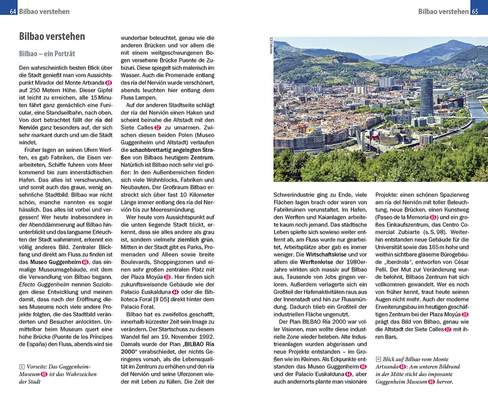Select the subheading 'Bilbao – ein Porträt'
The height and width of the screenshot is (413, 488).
point(47,54)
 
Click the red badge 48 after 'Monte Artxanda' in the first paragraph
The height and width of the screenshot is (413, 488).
point(108,83)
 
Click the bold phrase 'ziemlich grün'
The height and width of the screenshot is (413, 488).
point(196,239)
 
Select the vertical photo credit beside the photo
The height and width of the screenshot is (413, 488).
point(270,46)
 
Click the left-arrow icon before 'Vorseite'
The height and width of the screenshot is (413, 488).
point(22,367)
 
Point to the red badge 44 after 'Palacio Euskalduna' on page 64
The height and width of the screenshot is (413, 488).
point(175,292)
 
